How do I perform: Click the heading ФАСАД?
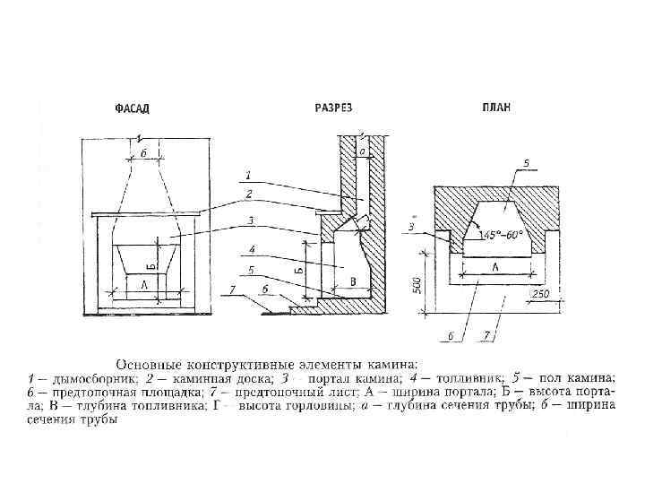pos(132,108)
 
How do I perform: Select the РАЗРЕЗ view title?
pos(333,108)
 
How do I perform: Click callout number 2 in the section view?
pos(249,193)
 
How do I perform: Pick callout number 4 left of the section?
pos(253,248)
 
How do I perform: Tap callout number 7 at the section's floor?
pos(232,290)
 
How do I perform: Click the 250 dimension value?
pos(540,294)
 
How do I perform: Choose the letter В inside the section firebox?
pos(353,282)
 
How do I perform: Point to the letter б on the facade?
pos(143,154)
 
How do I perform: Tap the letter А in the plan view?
pos(496,266)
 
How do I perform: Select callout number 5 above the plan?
pos(526,164)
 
